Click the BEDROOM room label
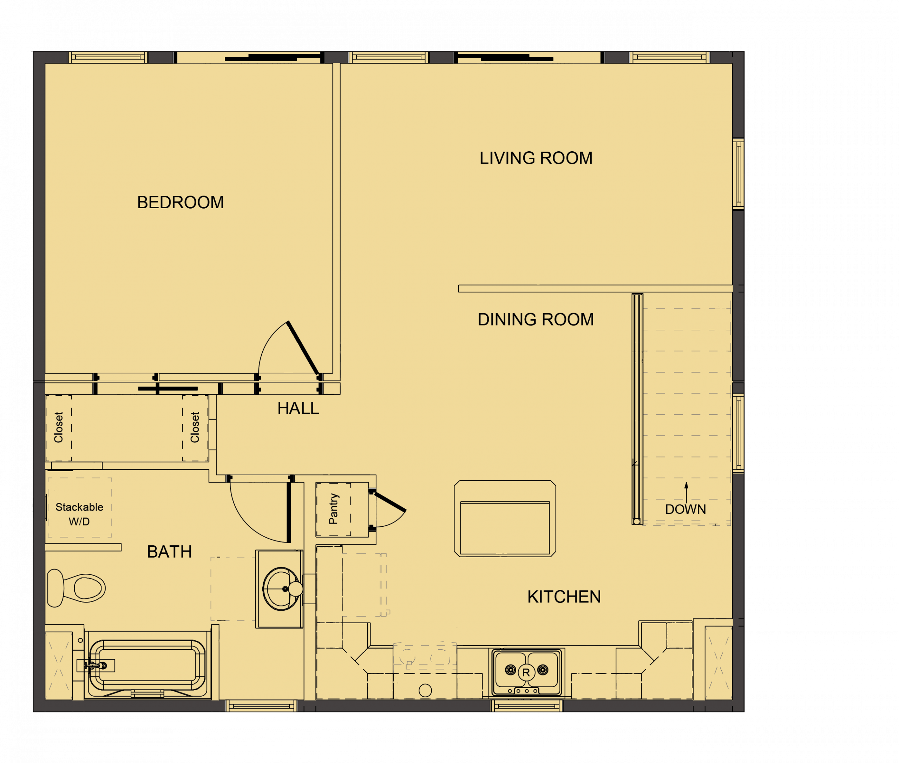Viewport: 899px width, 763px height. point(181,203)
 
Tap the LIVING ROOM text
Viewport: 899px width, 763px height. point(536,158)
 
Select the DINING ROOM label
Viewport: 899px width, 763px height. point(536,320)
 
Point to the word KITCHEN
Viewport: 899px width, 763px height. point(564,597)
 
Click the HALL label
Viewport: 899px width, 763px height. point(298,408)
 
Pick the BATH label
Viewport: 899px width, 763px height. point(169,552)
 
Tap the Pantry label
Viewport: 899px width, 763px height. point(333,509)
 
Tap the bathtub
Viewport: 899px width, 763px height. point(147,666)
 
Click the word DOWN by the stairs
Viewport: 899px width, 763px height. point(685,509)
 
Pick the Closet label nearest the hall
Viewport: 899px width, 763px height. point(195,427)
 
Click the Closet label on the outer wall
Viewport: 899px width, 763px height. point(58,427)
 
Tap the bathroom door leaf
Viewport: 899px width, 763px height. point(289,513)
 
